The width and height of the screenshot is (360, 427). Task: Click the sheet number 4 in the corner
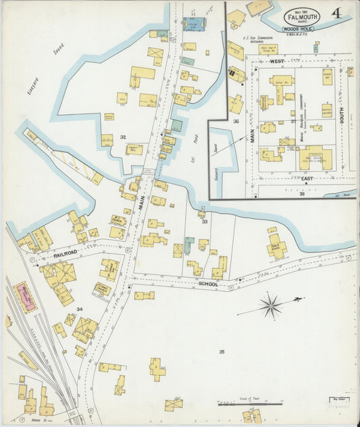[x=336, y=14]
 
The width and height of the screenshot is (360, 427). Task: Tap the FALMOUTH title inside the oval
[x=298, y=17]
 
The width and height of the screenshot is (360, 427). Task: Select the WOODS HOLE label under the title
[x=298, y=29]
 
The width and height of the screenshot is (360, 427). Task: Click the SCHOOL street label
[x=208, y=284]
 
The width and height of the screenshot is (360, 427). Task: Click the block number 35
[x=222, y=351]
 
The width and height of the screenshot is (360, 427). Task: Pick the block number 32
[x=123, y=137]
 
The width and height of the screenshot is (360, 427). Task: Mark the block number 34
[x=79, y=309]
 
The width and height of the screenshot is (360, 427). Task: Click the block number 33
[x=204, y=221]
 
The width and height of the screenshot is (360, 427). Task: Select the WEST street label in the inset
[x=276, y=61]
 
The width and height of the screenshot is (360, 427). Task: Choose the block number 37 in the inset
[x=294, y=122]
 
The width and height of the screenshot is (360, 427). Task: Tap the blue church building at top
[x=195, y=24]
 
